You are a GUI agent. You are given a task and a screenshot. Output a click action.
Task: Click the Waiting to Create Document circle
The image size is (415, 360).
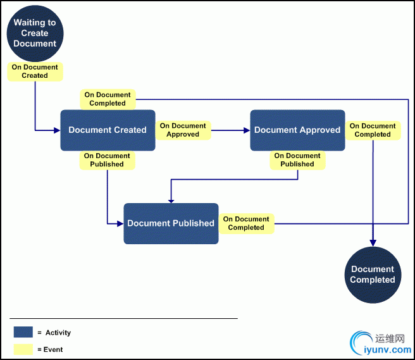coord(35,33)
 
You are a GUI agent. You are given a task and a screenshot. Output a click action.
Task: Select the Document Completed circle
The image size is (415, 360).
coord(373,274)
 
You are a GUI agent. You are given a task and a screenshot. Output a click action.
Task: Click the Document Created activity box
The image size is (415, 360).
coord(108,130)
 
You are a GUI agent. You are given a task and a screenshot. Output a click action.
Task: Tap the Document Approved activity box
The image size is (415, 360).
coord(297,130)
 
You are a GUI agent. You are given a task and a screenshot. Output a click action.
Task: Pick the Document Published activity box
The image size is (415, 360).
coord(171,223)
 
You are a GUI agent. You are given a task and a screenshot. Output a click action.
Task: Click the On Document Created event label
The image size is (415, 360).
coord(35,71)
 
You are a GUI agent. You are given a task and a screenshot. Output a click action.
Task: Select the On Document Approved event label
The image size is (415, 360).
coord(183,130)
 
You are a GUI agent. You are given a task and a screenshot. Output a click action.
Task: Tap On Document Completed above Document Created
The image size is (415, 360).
coord(108,99)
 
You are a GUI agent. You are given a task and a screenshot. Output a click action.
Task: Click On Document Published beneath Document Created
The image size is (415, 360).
coord(107,160)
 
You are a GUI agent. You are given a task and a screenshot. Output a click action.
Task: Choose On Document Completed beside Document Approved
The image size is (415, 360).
coord(373,130)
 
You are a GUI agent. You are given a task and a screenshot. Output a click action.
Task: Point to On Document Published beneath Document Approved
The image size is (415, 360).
coord(297,160)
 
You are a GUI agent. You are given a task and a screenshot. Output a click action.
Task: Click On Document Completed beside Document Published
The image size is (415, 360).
coord(246,223)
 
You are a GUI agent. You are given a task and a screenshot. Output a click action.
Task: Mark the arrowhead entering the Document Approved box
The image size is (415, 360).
coord(247,130)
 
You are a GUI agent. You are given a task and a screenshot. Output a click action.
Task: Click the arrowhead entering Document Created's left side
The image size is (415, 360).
coord(57,130)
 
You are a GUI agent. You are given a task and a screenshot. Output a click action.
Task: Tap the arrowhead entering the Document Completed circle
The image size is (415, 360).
coord(373,242)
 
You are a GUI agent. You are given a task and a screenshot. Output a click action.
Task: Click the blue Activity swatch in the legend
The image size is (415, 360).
coord(23,332)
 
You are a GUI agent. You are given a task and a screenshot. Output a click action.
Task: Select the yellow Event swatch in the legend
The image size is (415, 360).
coord(23,349)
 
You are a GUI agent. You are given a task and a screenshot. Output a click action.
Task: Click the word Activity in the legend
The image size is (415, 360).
coord(58,333)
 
